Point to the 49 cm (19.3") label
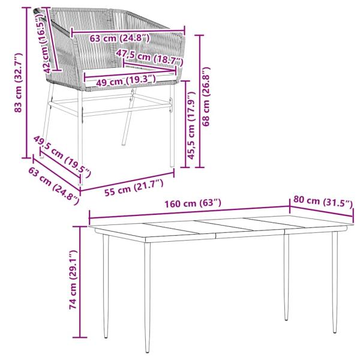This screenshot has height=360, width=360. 122,80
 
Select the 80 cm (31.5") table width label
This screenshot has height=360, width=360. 322,202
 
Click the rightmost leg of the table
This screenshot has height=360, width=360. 334,282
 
